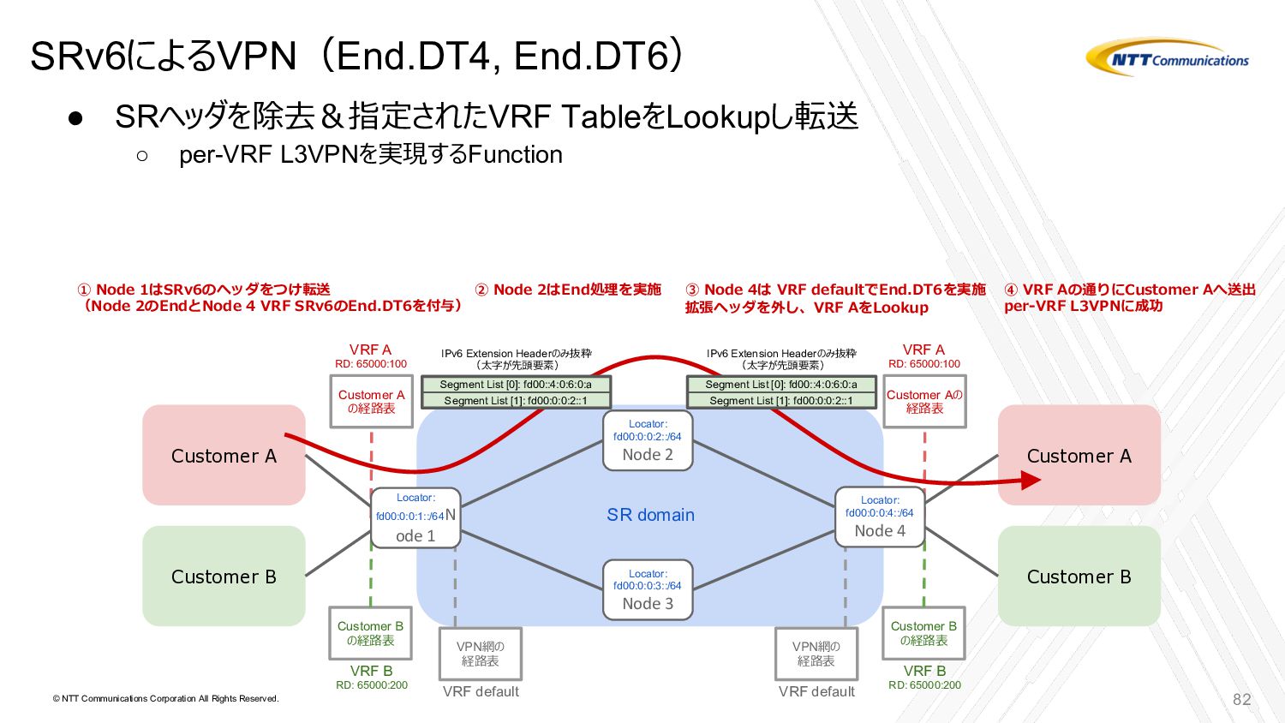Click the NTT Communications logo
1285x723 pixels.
(1168, 58)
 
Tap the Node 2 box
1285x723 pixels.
(648, 440)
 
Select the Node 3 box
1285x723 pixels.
(648, 589)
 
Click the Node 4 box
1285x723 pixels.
(880, 517)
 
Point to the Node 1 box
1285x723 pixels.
(415, 517)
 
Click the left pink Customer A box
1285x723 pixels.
(224, 455)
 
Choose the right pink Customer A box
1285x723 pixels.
(1079, 455)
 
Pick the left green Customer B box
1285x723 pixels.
(224, 576)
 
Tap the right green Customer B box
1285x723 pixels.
(1079, 576)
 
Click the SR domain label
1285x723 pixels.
(650, 515)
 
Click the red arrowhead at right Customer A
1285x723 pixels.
(1031, 480)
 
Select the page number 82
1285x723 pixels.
(1241, 699)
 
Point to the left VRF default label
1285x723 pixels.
(481, 691)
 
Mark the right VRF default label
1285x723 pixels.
(816, 691)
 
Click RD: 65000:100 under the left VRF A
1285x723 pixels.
(371, 364)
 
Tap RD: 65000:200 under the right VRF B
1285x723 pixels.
(924, 685)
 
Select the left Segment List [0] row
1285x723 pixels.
(516, 385)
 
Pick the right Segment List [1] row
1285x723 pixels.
(781, 400)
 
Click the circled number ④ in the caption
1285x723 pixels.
(1011, 290)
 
